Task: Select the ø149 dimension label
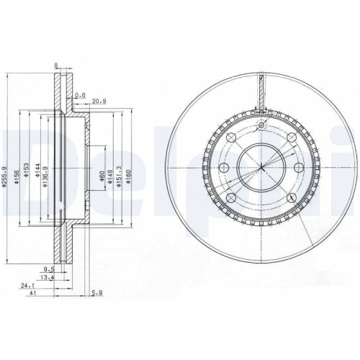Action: coord(110,175)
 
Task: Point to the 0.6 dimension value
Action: coord(79,95)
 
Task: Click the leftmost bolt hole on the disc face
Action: coord(222,168)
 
